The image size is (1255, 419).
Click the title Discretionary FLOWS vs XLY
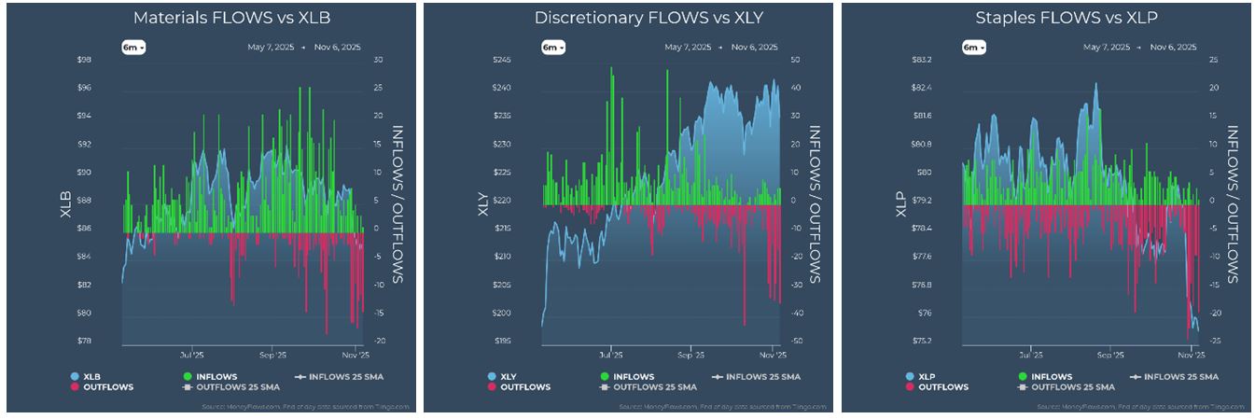tap(626, 18)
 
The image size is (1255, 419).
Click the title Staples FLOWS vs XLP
tap(1045, 18)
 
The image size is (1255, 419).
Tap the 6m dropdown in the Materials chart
tap(133, 48)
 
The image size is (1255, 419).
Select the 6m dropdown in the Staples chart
tap(971, 48)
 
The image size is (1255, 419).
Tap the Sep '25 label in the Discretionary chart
tap(690, 356)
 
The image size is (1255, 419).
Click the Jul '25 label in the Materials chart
tap(192, 356)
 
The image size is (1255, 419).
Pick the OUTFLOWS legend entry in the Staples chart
tap(938, 386)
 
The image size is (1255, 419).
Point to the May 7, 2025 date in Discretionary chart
tap(688, 47)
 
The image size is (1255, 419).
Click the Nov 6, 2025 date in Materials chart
tap(338, 47)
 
